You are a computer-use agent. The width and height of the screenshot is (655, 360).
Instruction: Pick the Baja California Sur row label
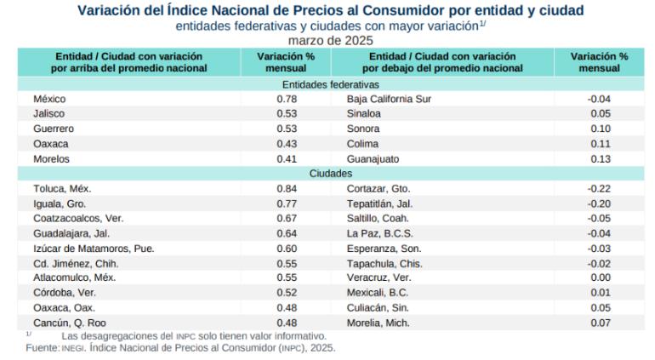coord(389,99)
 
